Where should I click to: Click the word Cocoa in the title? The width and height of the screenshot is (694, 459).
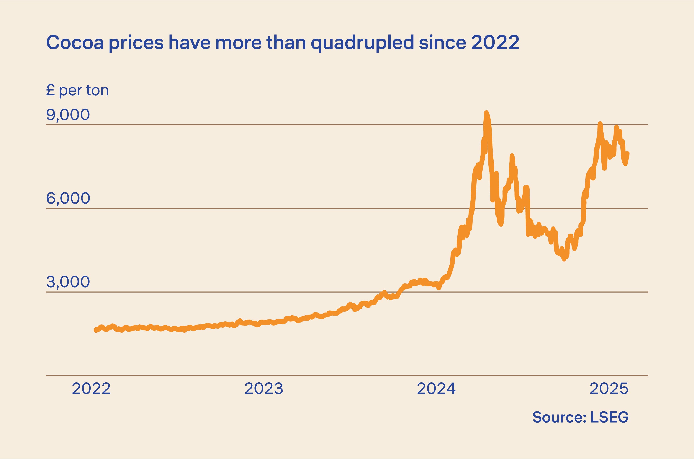75,43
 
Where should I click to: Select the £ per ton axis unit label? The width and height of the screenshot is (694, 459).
77,91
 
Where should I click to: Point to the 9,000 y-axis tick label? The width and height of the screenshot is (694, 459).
68,115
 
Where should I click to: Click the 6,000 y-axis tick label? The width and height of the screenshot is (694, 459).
68,198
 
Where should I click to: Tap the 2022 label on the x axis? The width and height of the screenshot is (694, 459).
91,389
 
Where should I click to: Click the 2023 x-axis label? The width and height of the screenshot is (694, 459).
264,389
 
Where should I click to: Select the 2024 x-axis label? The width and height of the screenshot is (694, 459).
436,389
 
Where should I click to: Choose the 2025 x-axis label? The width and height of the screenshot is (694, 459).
609,389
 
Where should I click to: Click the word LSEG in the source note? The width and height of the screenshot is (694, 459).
609,417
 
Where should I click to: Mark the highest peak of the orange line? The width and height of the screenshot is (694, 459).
486,113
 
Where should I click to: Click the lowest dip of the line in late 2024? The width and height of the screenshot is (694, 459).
564,259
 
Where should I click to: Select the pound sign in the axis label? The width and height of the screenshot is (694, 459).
50,91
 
